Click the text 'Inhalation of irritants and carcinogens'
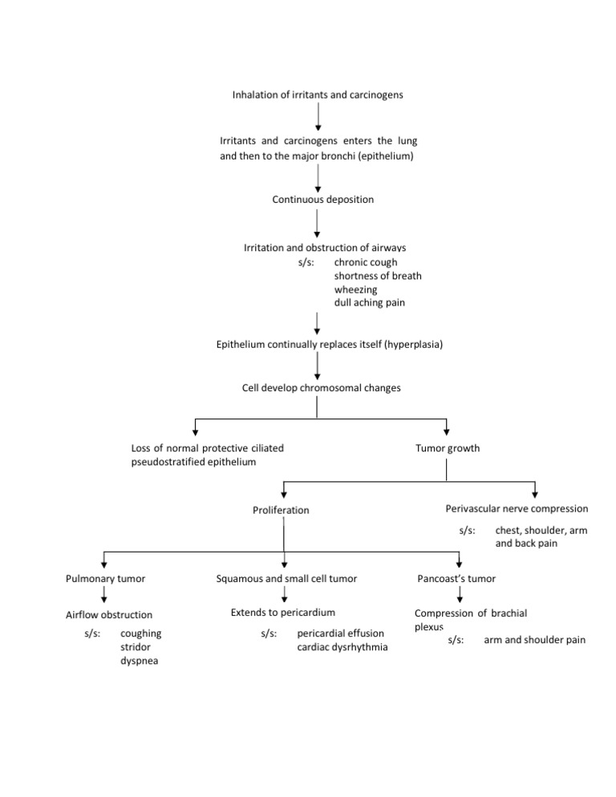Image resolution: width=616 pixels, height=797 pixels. point(318,95)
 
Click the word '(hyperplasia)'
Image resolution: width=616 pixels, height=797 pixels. point(414,345)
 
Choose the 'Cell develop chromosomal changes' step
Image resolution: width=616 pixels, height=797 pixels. point(322,388)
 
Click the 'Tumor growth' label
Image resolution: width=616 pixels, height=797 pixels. point(448,448)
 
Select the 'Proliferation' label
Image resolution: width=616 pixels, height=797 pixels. point(281,510)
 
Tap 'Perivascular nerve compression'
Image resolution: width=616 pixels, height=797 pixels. point(517,508)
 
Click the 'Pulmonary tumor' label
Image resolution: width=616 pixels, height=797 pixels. point(105,577)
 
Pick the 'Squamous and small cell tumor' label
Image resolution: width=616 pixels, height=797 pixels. point(286,577)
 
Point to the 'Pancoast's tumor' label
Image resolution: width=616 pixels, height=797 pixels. point(457,577)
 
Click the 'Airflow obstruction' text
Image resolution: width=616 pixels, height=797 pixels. point(108,615)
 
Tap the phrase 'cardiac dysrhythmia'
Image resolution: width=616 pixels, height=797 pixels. point(342,647)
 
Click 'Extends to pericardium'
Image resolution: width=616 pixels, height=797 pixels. point(283,613)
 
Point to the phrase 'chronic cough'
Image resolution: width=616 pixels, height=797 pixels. point(366,262)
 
